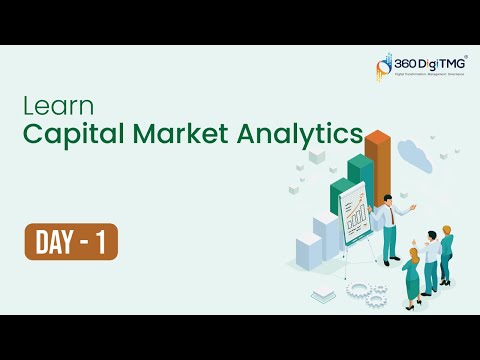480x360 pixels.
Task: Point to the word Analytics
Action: click(x=304, y=134)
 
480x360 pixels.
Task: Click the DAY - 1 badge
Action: click(x=71, y=243)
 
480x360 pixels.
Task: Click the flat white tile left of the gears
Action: click(x=322, y=294)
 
